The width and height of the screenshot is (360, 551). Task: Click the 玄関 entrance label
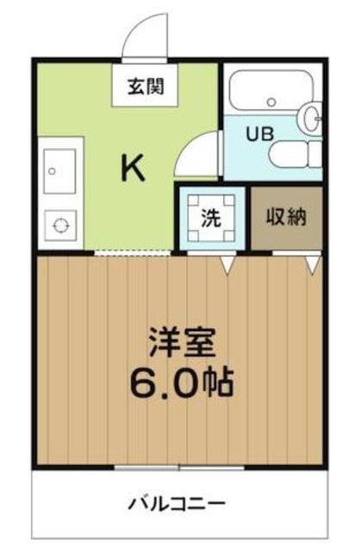(146, 86)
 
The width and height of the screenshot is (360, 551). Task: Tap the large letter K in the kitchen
(133, 168)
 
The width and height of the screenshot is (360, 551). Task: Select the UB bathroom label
(259, 134)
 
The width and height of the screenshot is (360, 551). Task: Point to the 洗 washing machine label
(211, 218)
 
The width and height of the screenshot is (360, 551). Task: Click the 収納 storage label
(286, 217)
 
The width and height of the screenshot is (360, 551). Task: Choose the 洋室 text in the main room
(182, 343)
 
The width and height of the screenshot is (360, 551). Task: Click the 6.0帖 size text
(182, 382)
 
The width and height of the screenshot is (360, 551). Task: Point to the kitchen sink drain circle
(52, 171)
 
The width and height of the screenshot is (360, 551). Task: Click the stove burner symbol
(60, 225)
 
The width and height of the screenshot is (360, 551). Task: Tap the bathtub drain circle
(271, 102)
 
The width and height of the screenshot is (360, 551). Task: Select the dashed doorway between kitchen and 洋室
(133, 253)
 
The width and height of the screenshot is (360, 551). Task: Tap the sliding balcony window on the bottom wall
(179, 467)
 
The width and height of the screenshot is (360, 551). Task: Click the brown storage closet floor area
(287, 218)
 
